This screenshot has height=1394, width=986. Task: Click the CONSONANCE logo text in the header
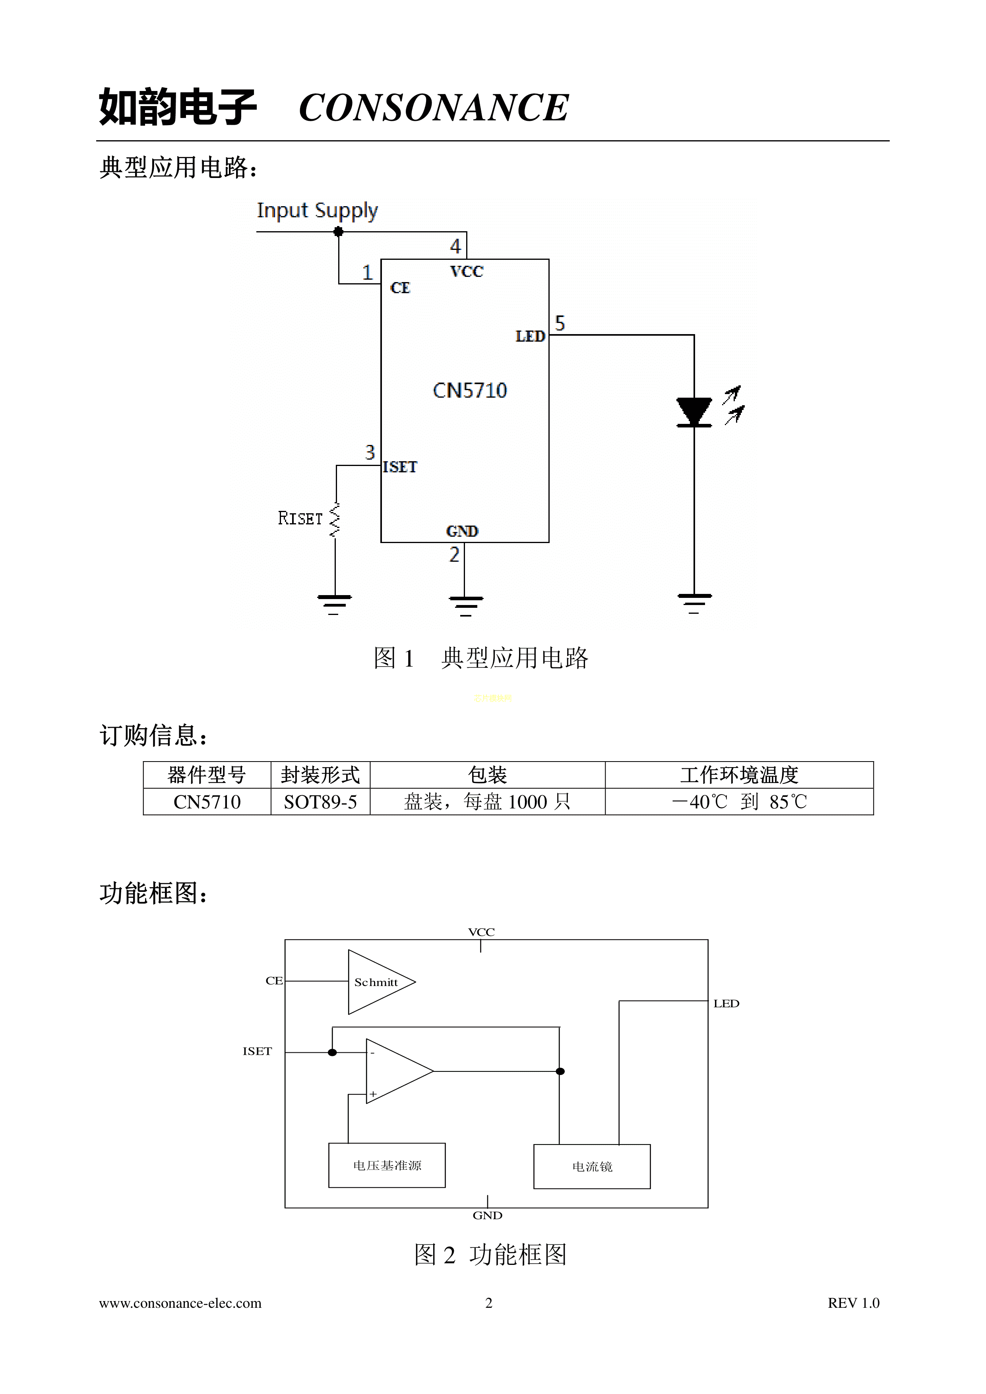coord(433,108)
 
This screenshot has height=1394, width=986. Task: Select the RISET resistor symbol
coord(334,520)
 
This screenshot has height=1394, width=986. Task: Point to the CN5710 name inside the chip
coord(470,391)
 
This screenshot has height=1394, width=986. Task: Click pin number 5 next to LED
coord(560,323)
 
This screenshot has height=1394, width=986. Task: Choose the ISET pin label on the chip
coord(400,467)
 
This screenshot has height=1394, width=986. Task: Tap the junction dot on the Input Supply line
coord(338,231)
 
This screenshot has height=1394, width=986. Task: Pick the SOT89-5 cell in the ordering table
coord(320,802)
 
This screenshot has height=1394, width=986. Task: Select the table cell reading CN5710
coord(207,802)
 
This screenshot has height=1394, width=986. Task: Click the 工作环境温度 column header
coord(739,775)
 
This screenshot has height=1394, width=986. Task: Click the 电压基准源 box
coord(387,1165)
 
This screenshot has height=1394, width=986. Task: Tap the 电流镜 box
coord(592,1166)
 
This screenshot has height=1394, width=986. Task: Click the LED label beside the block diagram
coord(726,1003)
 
